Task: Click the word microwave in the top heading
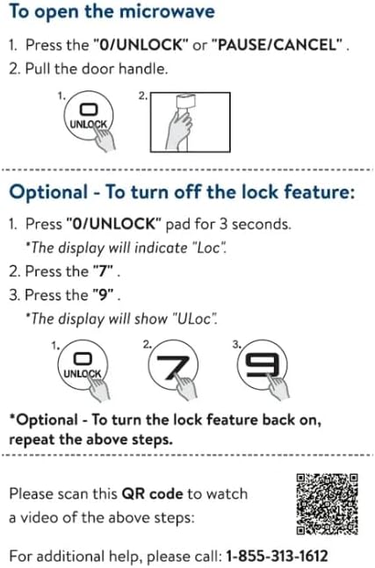coord(167,11)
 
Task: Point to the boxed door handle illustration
coord(191,122)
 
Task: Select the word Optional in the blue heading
coord(48,192)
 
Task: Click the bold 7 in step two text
coord(103,271)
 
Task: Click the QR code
coord(328,504)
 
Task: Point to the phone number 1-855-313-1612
coord(277,556)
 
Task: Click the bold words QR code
coord(152,493)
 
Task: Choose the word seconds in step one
coord(261,224)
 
